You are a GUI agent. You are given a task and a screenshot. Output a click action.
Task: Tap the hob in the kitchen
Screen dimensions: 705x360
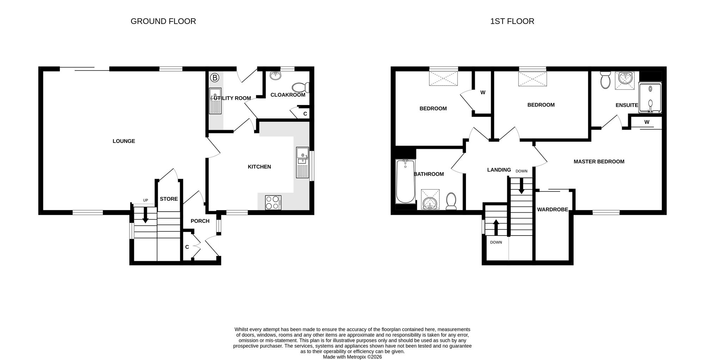click(x=273, y=203)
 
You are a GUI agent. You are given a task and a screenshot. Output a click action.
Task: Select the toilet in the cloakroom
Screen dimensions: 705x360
click(x=300, y=87)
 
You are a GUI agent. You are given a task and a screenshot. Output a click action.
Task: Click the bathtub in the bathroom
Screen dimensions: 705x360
click(x=406, y=181)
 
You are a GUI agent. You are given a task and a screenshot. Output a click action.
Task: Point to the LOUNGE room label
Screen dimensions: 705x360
click(x=124, y=141)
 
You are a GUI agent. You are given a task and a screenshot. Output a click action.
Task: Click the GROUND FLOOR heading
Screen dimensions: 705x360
click(x=163, y=21)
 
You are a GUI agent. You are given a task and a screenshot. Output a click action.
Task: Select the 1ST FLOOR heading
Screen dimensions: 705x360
click(x=512, y=21)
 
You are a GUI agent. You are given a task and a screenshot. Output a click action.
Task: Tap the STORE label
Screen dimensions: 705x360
click(x=169, y=199)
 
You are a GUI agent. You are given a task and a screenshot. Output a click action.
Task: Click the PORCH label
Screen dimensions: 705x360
click(x=200, y=221)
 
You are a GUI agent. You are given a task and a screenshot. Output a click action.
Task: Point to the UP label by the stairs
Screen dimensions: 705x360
click(x=146, y=200)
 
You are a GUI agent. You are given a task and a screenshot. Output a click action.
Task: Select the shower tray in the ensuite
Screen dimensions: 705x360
click(x=650, y=98)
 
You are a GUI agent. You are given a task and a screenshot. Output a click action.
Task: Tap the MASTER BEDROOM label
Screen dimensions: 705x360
click(x=599, y=161)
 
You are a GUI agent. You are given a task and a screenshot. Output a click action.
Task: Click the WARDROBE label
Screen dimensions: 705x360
click(x=552, y=209)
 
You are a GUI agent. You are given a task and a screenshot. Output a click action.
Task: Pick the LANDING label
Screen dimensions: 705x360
click(x=499, y=170)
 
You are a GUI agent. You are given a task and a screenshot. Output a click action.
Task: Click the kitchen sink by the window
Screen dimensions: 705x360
click(x=302, y=163)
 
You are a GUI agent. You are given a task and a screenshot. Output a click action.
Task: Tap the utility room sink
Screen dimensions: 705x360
click(x=215, y=101)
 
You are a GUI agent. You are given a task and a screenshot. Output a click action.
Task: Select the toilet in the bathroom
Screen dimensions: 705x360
click(x=451, y=201)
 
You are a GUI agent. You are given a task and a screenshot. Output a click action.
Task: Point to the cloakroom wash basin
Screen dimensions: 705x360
click(x=275, y=75)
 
